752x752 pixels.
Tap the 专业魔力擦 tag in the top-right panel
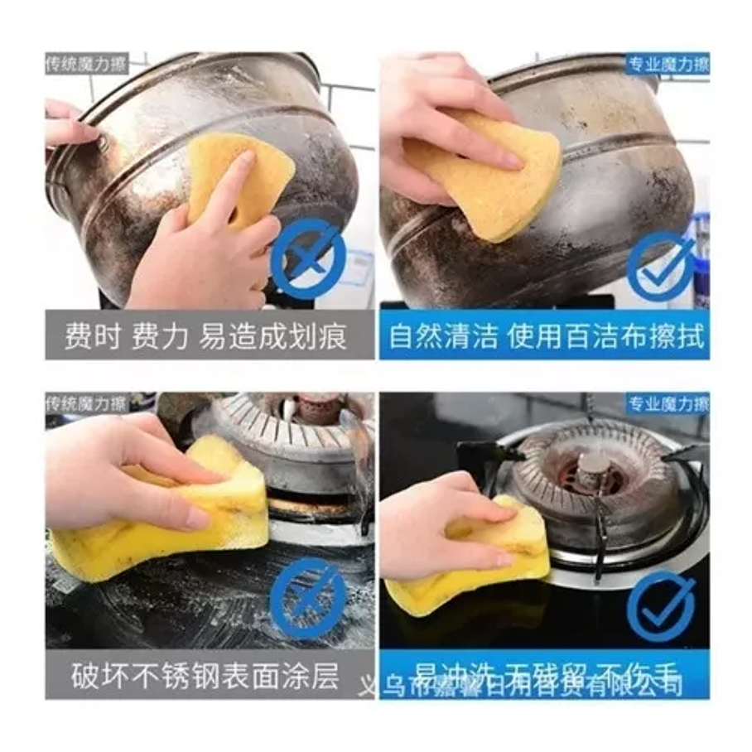[x=668, y=64]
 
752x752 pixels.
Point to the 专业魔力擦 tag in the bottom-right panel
[x=668, y=403]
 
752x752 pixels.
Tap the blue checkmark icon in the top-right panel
[x=660, y=265]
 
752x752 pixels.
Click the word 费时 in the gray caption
[x=92, y=336]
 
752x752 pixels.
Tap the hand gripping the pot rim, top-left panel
[x=66, y=123]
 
